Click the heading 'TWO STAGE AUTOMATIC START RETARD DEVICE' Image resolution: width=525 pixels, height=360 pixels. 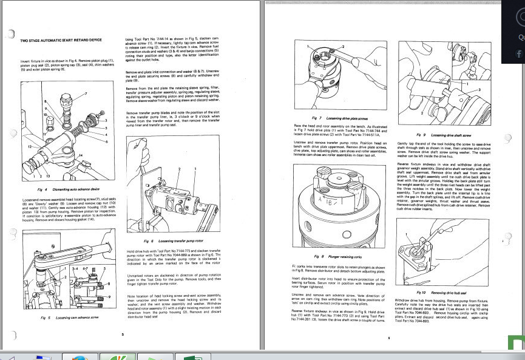(61, 40)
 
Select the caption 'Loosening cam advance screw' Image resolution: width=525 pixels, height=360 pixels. (78, 318)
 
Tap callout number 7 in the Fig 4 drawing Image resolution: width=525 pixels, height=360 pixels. (86, 93)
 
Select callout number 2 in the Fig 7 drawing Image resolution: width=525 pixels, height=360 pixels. (342, 46)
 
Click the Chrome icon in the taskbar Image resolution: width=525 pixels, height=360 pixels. (78, 356)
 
